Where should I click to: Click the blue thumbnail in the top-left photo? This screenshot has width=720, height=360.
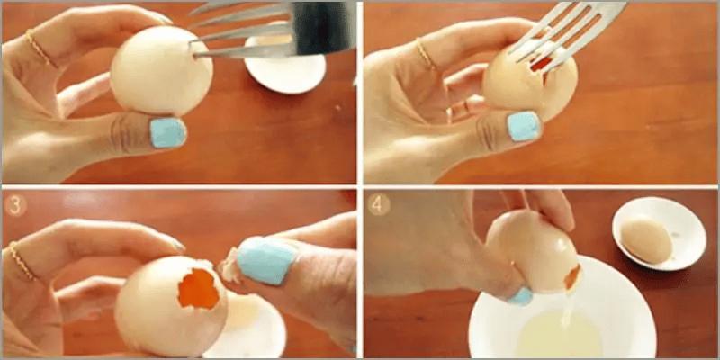166,132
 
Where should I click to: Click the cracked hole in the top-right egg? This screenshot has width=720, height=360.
540,63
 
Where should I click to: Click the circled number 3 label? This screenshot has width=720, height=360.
13,202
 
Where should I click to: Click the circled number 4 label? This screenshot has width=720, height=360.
379,203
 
